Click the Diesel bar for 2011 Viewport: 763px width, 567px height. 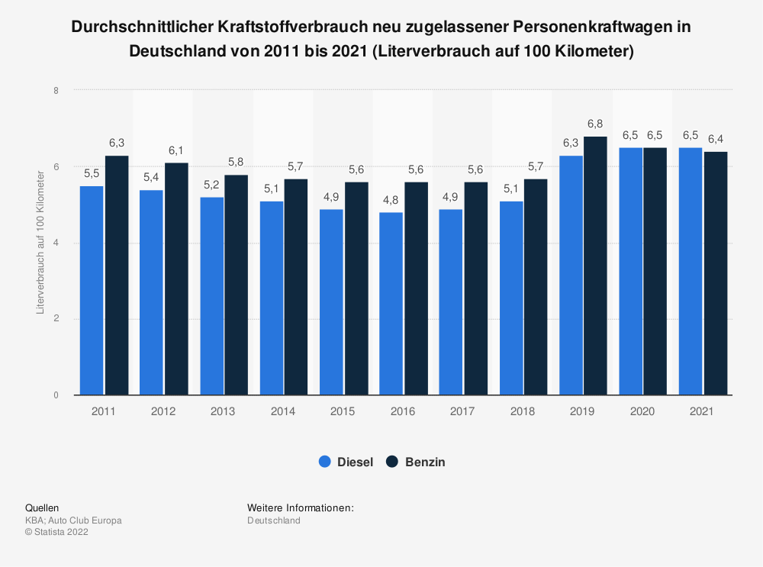point(92,290)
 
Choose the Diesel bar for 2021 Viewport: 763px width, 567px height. point(691,271)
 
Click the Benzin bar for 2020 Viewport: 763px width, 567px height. point(655,271)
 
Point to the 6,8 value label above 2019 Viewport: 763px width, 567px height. point(595,124)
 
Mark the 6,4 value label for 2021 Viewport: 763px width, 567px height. point(715,139)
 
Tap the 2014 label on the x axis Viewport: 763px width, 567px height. point(282,411)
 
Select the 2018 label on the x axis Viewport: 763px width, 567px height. point(522,411)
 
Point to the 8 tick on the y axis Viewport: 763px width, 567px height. point(56,90)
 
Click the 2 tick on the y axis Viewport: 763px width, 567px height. point(56,319)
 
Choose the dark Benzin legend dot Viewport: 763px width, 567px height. point(392,462)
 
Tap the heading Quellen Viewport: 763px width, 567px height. point(42,507)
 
